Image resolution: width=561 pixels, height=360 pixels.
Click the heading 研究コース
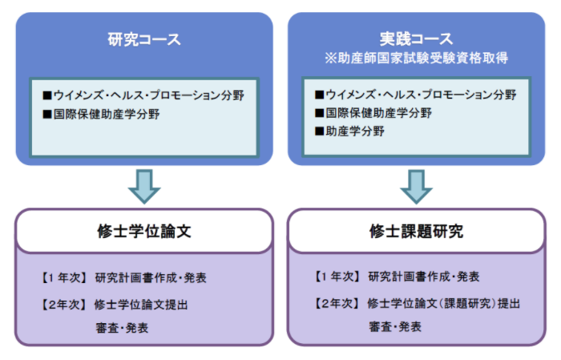click(144, 39)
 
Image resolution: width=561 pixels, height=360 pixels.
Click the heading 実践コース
click(416, 38)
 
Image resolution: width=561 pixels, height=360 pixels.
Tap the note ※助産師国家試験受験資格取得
click(416, 58)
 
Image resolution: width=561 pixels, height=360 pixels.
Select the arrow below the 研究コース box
click(144, 187)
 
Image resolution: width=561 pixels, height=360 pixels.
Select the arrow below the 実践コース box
click(416, 187)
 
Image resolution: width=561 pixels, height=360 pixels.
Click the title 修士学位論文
click(144, 231)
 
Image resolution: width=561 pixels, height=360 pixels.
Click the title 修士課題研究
click(416, 231)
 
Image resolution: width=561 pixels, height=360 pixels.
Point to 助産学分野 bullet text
click(355, 131)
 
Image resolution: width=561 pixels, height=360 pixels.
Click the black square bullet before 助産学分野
click(319, 131)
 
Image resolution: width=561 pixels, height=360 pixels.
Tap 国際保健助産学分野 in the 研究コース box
click(107, 115)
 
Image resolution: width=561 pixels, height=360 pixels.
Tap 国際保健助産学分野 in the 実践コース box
click(378, 113)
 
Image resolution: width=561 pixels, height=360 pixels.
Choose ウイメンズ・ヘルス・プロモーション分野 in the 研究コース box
click(149, 95)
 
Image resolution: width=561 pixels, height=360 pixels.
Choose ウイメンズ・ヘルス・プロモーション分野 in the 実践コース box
click(421, 95)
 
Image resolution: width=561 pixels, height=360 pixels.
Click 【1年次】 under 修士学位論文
click(63, 277)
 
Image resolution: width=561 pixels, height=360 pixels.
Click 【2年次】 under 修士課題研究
click(336, 304)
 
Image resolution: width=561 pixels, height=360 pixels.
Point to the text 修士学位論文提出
click(141, 305)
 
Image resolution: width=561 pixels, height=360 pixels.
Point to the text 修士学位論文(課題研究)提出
click(444, 304)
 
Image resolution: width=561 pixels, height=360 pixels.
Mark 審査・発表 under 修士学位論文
click(122, 328)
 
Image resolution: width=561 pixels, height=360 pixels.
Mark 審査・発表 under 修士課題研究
click(395, 326)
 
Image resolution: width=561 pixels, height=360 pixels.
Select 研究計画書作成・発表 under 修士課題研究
click(424, 277)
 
